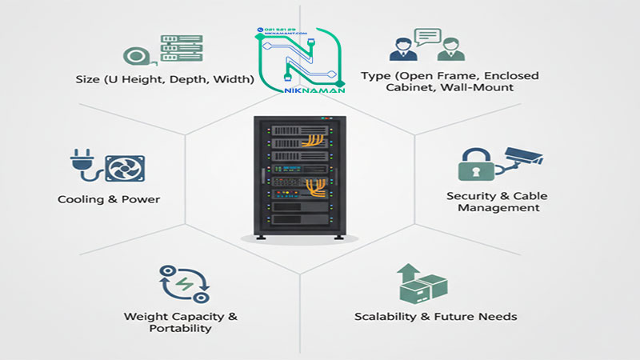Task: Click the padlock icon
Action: [472, 164]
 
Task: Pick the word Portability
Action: [181, 328]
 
